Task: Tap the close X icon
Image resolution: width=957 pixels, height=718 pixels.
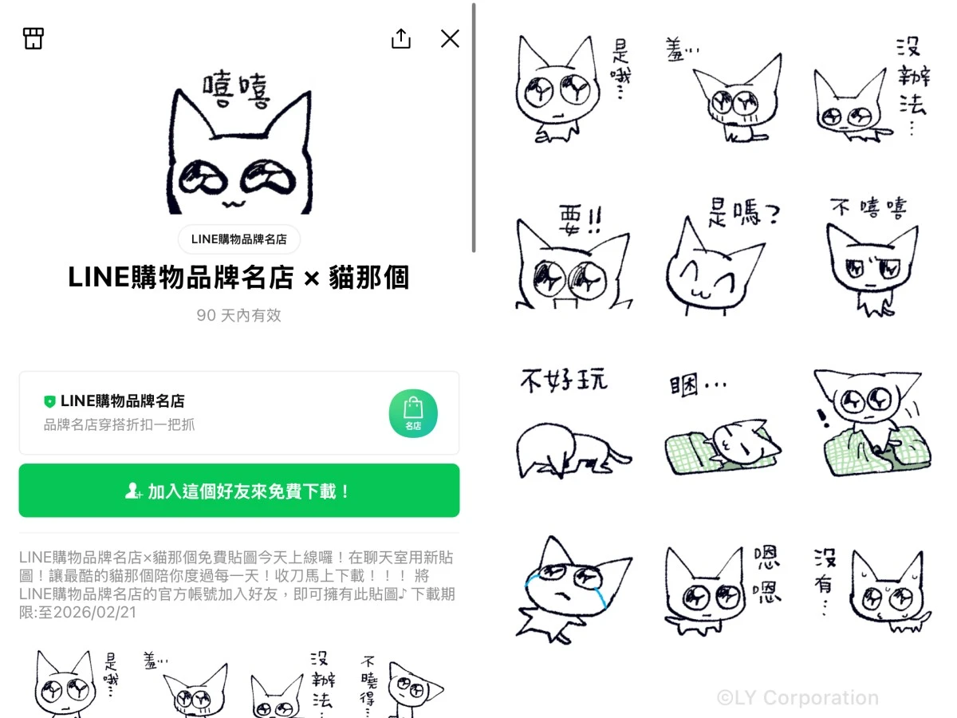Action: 450,38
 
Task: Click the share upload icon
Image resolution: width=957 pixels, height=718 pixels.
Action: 400,38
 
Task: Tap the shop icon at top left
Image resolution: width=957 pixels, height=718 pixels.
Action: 33,38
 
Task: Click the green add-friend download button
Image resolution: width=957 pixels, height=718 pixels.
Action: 239,491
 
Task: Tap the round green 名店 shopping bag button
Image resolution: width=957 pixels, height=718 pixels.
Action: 413,412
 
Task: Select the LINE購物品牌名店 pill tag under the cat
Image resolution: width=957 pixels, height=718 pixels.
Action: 239,239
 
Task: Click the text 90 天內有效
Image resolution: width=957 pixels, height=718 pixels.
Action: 238,315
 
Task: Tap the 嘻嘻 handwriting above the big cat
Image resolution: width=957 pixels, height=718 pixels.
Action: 237,90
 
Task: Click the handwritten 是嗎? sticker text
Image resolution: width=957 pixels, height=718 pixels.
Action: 743,213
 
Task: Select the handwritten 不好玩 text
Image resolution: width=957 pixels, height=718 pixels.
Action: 563,381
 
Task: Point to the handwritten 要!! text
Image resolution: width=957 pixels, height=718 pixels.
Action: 581,220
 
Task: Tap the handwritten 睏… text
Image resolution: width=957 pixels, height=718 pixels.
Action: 697,384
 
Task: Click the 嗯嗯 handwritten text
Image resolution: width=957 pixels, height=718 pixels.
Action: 767,574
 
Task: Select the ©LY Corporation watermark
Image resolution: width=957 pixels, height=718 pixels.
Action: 797,697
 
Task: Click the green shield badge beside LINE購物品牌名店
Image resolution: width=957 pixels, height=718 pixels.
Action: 49,401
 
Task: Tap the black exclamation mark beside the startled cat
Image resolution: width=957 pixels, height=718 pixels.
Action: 822,417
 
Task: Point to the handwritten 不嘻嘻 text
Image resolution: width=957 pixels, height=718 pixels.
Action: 868,207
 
